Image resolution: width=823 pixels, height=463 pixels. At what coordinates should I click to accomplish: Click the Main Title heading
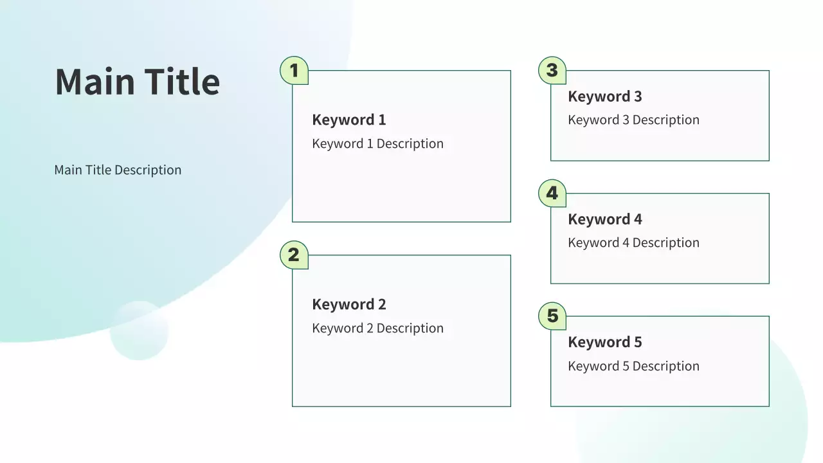point(138,81)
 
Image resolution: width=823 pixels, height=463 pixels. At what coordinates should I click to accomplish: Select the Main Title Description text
point(118,170)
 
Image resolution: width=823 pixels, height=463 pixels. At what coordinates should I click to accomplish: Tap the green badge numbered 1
point(294,70)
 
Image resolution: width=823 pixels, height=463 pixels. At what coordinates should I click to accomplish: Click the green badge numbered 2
point(294,255)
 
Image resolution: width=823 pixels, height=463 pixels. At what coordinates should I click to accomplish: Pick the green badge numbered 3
point(552,70)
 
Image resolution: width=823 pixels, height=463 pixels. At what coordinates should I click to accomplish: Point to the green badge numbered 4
point(552,193)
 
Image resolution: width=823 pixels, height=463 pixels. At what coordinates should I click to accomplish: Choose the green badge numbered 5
point(552,316)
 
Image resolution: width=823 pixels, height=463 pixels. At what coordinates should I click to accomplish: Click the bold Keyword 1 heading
point(349,120)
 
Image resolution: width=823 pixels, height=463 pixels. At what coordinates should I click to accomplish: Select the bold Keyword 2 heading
point(349,304)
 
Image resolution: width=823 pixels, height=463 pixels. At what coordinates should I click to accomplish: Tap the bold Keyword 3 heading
point(605,96)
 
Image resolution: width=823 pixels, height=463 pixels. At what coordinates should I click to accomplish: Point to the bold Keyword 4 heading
point(605,219)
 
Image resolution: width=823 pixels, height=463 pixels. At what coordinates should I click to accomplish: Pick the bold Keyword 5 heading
point(605,342)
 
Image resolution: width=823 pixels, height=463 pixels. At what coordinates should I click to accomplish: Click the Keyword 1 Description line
point(377,143)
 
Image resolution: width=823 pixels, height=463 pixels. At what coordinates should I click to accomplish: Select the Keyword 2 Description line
point(377,328)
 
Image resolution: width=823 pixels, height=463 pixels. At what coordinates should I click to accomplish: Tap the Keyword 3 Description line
point(634,120)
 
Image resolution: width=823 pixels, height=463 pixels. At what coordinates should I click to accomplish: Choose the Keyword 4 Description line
point(634,242)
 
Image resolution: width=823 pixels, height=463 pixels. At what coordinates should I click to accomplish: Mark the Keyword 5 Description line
point(634,366)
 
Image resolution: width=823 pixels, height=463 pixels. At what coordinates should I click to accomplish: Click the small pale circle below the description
point(140,331)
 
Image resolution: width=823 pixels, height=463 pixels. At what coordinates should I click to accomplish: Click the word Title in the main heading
point(182,81)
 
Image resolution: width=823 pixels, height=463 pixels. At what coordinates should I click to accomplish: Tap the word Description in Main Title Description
point(148,170)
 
